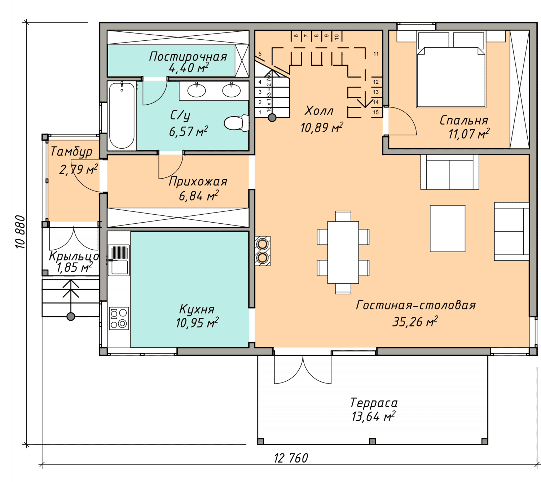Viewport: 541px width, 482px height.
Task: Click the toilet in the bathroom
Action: pyautogui.click(x=237, y=123)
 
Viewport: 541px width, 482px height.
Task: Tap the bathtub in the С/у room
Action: pyautogui.click(x=122, y=116)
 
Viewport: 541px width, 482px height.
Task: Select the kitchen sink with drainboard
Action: pyautogui.click(x=119, y=260)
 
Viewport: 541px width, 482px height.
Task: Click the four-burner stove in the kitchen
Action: pyautogui.click(x=119, y=318)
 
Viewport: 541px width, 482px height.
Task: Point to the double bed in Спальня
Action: pyautogui.click(x=451, y=70)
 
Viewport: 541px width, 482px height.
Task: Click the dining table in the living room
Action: pyautogui.click(x=343, y=252)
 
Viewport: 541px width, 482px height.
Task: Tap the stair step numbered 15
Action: pyautogui.click(x=376, y=112)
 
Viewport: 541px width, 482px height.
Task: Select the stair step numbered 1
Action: pyautogui.click(x=260, y=113)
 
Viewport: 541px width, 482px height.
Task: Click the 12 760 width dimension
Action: pyautogui.click(x=291, y=458)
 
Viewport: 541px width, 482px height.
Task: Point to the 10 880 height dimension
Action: pyautogui.click(x=21, y=232)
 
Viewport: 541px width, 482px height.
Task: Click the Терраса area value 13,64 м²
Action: pyautogui.click(x=373, y=417)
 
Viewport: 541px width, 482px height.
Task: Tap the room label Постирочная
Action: pyautogui.click(x=188, y=57)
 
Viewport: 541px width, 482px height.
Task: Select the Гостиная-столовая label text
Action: pyautogui.click(x=416, y=305)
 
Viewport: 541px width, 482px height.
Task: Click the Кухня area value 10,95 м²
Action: pyautogui.click(x=197, y=323)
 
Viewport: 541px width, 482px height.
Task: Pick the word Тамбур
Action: pyautogui.click(x=71, y=152)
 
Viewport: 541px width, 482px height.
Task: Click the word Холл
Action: pyautogui.click(x=319, y=111)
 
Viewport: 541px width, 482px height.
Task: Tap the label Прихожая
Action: pyautogui.click(x=198, y=182)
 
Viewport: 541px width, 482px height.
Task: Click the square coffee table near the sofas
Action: pyautogui.click(x=447, y=228)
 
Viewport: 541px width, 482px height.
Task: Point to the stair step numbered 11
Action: pyautogui.click(x=376, y=54)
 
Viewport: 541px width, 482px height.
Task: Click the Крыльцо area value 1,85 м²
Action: pyautogui.click(x=75, y=267)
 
